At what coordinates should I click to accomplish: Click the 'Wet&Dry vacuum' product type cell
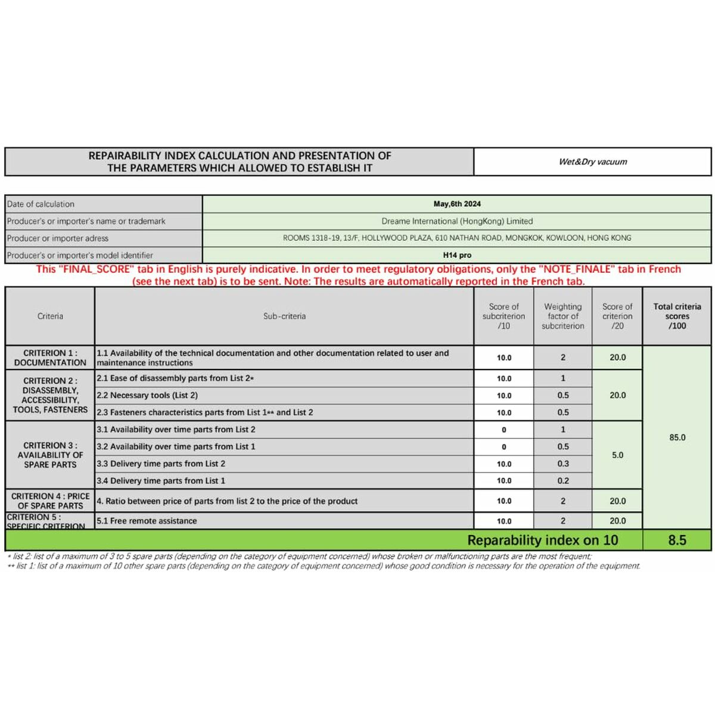tap(593, 161)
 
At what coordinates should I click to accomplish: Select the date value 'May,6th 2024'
tap(457, 204)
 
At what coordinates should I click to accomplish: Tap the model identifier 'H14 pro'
tap(457, 255)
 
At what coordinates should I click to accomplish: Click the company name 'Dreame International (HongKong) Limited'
tap(457, 221)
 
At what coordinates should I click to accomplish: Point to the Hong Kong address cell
tap(457, 238)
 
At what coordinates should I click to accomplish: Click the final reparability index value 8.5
tap(677, 540)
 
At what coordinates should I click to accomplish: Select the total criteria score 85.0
tap(677, 437)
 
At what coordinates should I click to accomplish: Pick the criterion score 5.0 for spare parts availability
tap(617, 455)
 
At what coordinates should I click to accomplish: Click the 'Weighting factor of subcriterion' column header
tap(563, 316)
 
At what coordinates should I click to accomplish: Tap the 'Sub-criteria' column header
tap(284, 316)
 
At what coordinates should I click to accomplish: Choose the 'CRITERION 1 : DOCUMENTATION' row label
tap(50, 357)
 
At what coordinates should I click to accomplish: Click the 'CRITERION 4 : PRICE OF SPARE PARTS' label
tap(50, 501)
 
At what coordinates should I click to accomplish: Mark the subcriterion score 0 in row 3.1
tap(504, 430)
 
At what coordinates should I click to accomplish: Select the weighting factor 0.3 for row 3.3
tap(563, 464)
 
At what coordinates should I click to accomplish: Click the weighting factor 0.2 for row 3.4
tap(563, 481)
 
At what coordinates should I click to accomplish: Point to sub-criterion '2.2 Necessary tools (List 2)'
tap(147, 395)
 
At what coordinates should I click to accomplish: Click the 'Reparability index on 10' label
tap(542, 540)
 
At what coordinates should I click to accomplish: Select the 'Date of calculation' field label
tap(41, 204)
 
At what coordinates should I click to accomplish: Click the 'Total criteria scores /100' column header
tap(677, 316)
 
